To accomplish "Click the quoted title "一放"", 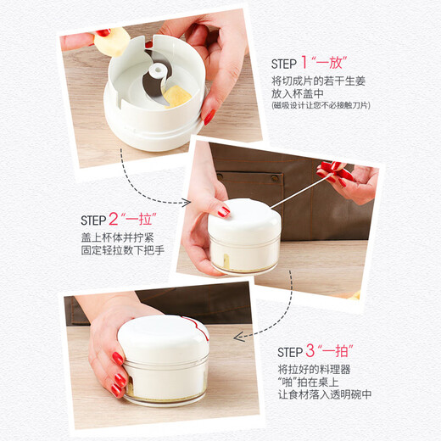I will [332, 64].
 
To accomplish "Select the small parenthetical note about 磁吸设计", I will [321, 106].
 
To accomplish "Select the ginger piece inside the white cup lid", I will [176, 94].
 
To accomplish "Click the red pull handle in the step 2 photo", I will [335, 173].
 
